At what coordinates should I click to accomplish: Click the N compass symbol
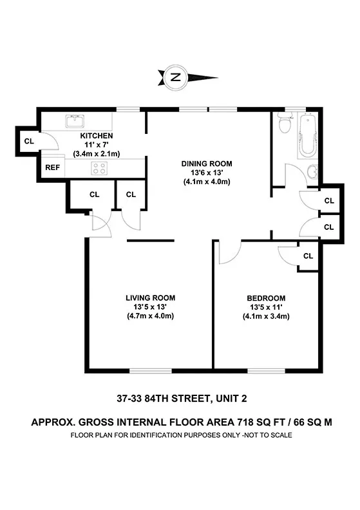click(175, 78)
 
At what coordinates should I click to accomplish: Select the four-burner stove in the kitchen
click(100, 168)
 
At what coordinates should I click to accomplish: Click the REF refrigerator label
click(53, 167)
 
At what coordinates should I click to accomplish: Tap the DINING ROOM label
click(206, 164)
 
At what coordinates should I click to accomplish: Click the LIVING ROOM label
click(150, 297)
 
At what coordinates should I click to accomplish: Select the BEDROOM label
click(266, 298)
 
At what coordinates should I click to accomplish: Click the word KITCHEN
click(97, 136)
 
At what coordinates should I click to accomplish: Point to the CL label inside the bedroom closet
click(308, 256)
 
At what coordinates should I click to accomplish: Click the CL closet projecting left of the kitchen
click(28, 141)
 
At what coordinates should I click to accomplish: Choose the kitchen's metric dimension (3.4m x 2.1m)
click(97, 155)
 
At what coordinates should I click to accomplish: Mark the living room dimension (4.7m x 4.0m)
click(150, 316)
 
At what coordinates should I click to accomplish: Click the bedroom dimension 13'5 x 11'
click(266, 307)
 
